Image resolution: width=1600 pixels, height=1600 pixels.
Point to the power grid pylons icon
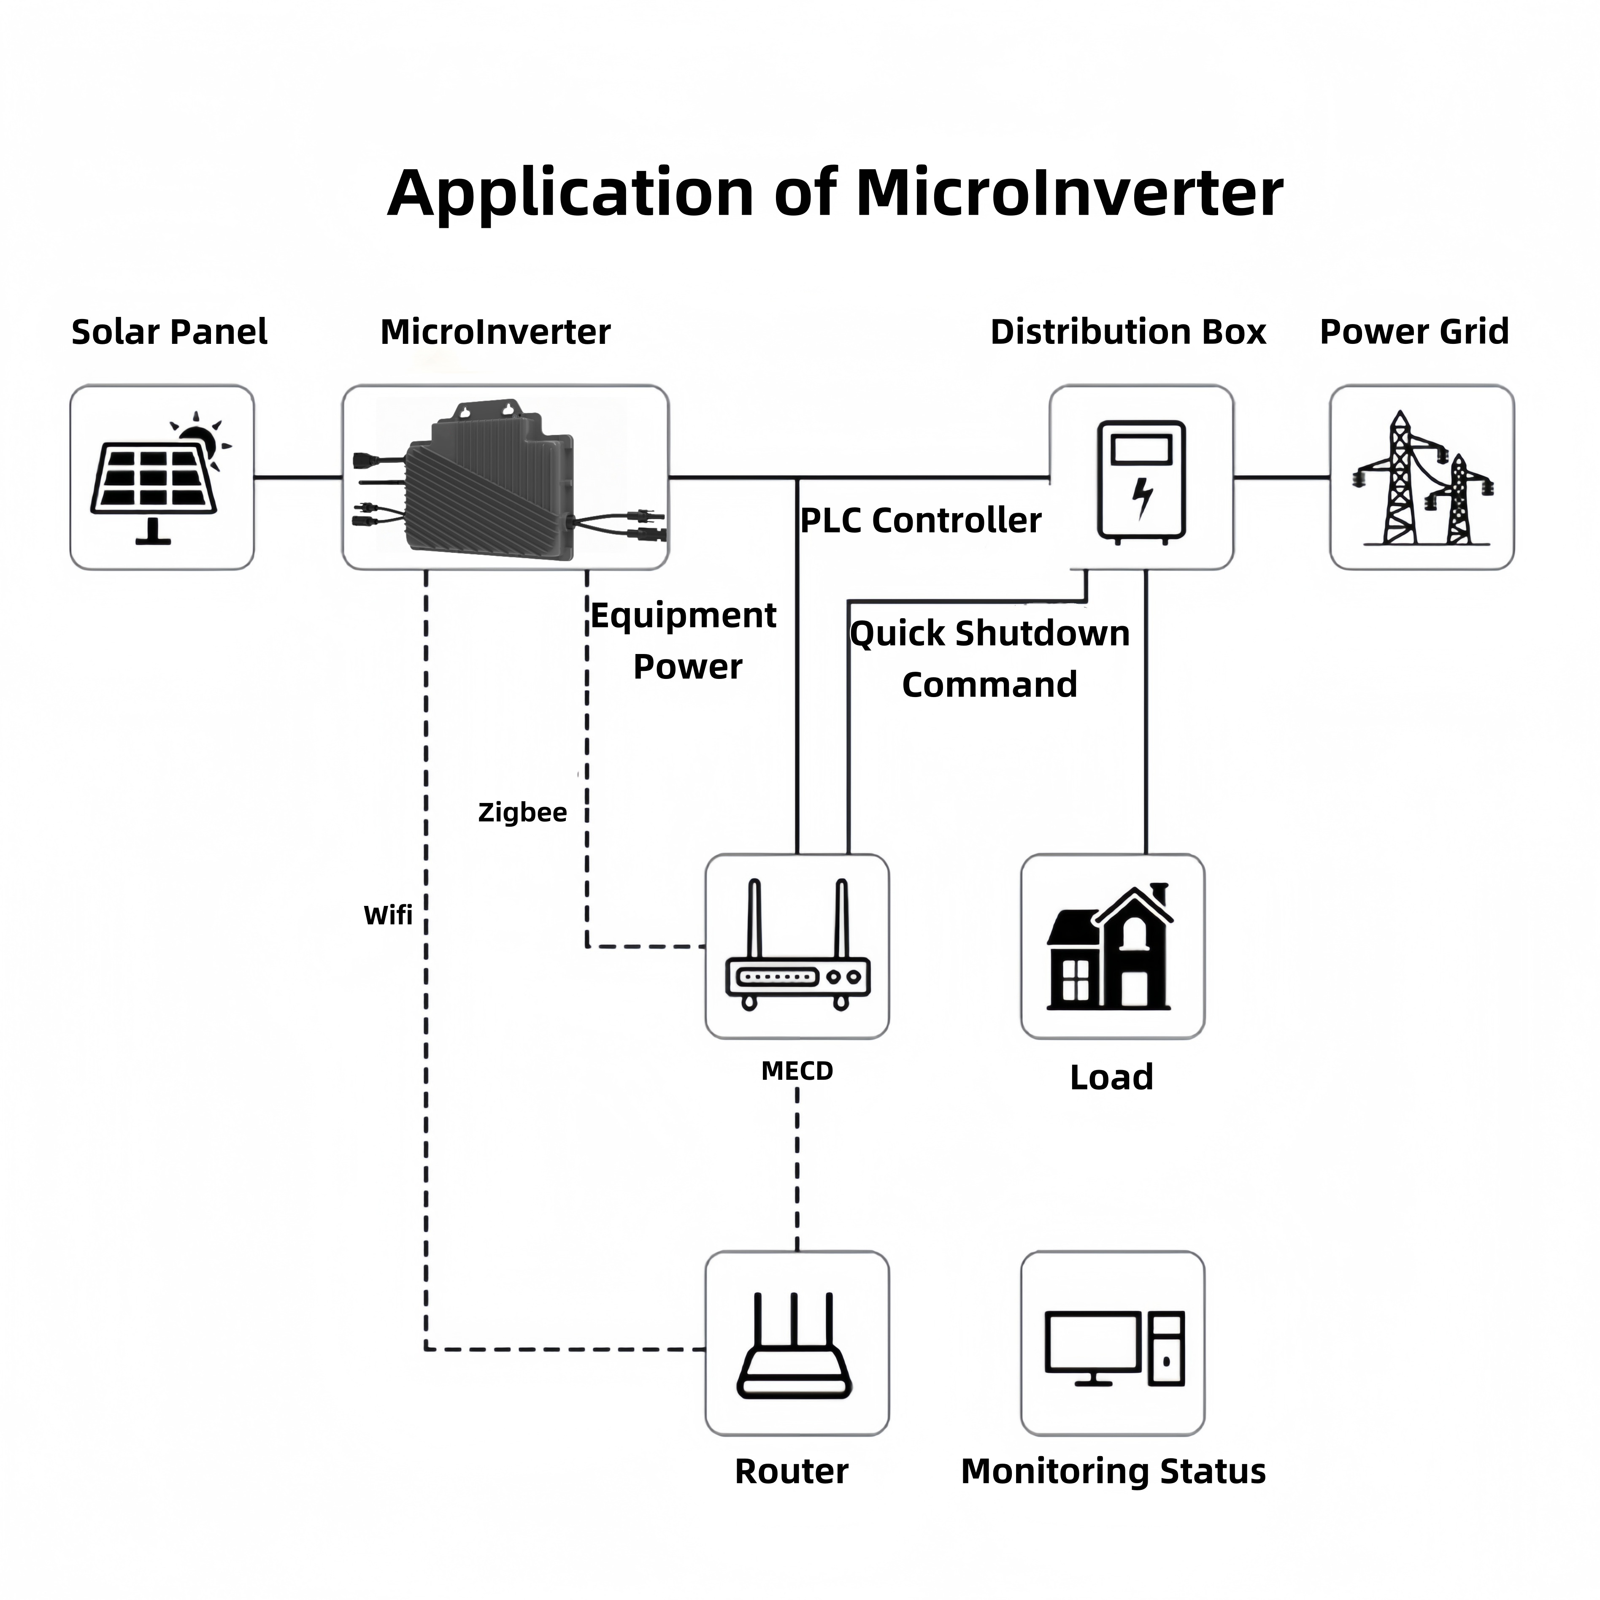[1421, 480]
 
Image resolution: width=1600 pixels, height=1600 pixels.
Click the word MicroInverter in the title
[1068, 193]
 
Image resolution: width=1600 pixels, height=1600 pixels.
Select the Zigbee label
[522, 812]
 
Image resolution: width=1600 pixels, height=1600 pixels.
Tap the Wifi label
[388, 915]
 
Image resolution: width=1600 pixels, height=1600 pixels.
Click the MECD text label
[797, 1071]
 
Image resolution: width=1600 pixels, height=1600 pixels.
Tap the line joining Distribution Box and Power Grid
[1281, 477]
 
